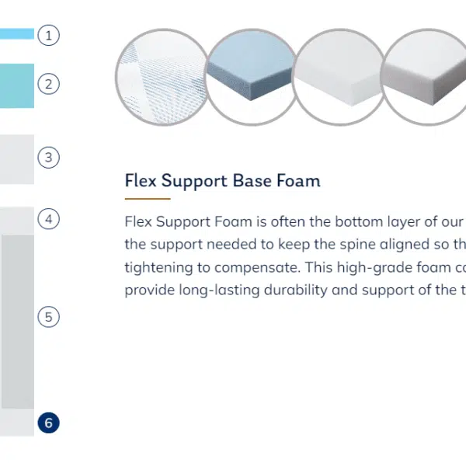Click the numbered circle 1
[x=48, y=35]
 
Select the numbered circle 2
[x=48, y=84]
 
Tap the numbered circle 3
[x=48, y=157]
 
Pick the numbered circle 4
[x=48, y=219]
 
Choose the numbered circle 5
[x=48, y=317]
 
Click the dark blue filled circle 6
[x=48, y=423]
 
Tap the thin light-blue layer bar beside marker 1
[x=17, y=33]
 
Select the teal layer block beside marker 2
[x=17, y=85]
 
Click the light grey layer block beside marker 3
[x=17, y=159]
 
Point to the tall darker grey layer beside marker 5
[x=18, y=322]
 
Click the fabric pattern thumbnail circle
[x=163, y=77]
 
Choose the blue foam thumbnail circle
[x=252, y=77]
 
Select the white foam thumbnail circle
[x=339, y=77]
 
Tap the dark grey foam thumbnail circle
[x=425, y=77]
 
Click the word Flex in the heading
[x=141, y=180]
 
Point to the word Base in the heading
[x=252, y=180]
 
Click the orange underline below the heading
[x=148, y=199]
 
